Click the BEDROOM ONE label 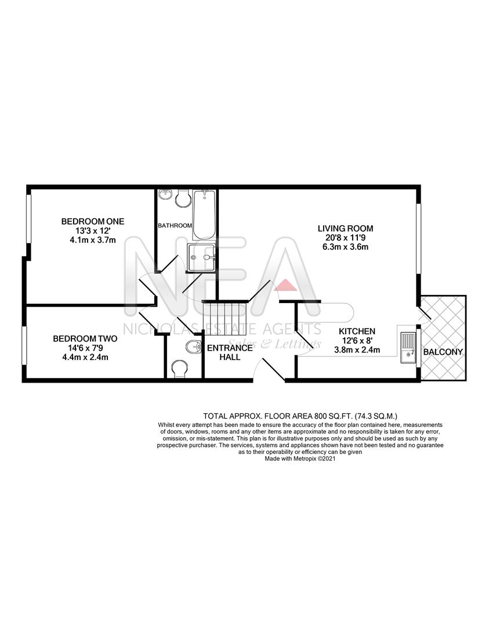(x=93, y=221)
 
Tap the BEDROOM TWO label (x=85, y=338)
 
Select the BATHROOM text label (x=175, y=225)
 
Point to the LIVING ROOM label (x=345, y=228)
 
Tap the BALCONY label (x=443, y=352)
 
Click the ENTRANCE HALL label (x=230, y=352)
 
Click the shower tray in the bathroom (x=201, y=257)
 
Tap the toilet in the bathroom (x=184, y=198)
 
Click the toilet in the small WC (x=181, y=367)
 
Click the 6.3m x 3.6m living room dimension (x=345, y=247)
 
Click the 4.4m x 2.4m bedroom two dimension (x=85, y=357)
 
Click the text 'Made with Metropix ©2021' (x=300, y=459)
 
